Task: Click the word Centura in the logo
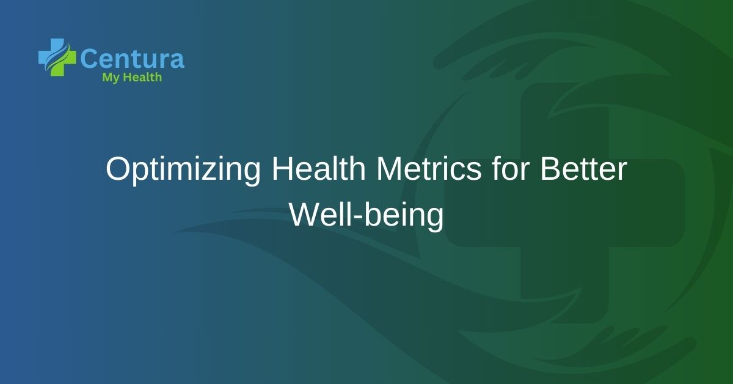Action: pos(132,59)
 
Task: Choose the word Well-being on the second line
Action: pos(366,215)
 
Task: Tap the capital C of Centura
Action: pos(89,59)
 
